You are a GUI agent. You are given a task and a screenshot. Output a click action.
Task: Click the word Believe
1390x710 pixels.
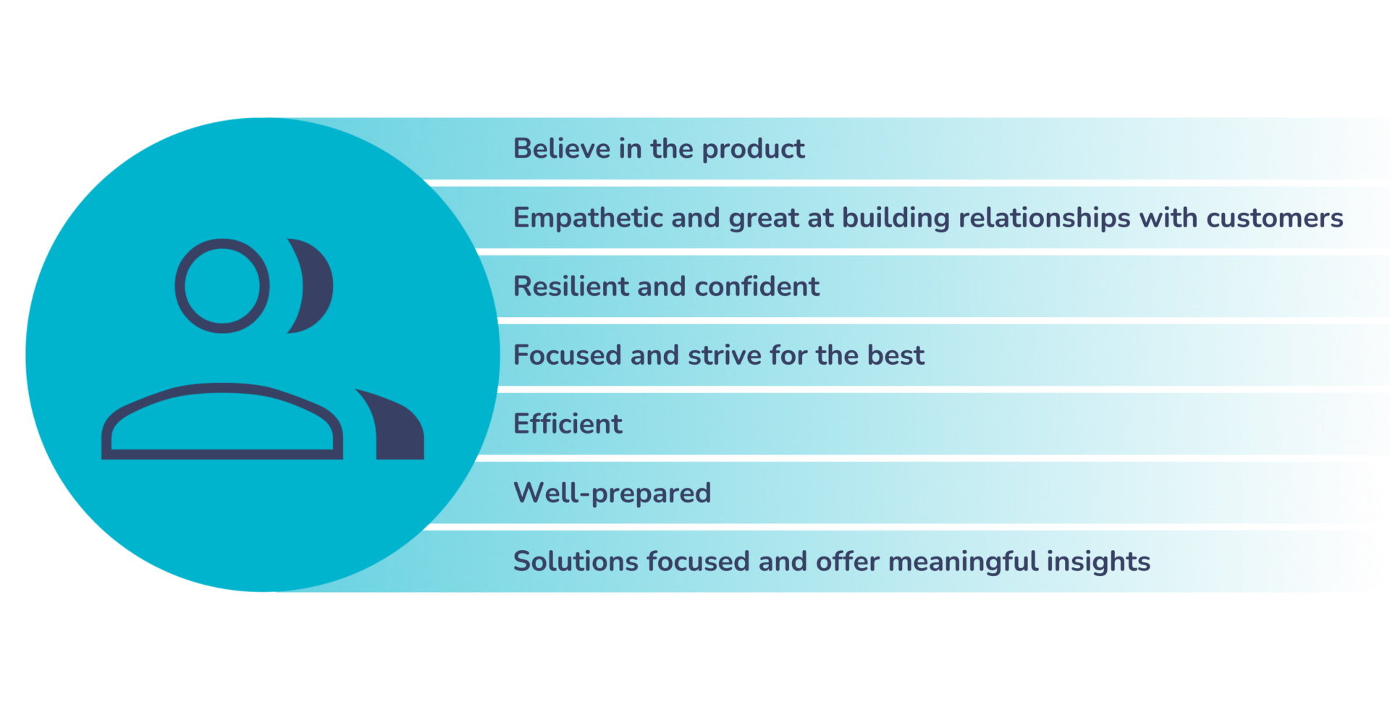point(562,148)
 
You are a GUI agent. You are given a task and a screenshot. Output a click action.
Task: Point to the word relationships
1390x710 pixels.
point(1044,218)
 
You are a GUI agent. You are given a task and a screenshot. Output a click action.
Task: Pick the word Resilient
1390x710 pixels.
point(571,287)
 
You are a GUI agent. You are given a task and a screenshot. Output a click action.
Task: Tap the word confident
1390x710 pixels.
point(757,287)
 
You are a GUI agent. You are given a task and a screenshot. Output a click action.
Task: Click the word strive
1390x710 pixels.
point(724,355)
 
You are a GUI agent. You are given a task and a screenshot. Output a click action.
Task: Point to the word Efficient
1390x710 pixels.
point(568,424)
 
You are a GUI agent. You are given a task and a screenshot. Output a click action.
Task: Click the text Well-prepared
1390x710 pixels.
point(612,494)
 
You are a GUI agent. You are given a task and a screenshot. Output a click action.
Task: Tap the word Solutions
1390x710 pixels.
point(576,562)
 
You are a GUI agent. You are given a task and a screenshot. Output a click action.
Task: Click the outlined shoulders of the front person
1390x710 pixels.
point(222,388)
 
